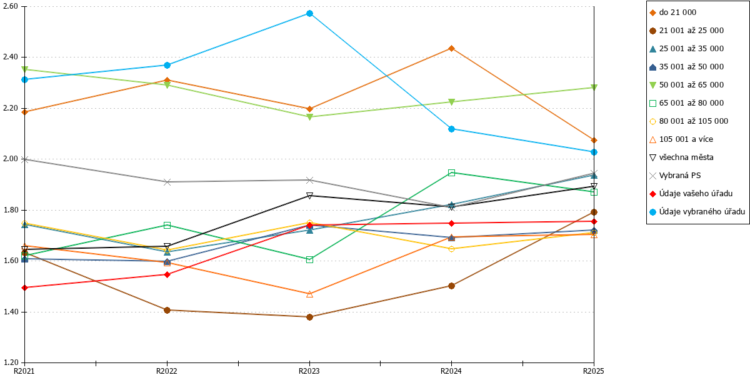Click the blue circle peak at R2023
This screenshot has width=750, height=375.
pos(310,13)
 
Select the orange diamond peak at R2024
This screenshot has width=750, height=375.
pos(451,49)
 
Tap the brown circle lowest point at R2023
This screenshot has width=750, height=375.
pos(310,317)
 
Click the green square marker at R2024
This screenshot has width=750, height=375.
pos(451,172)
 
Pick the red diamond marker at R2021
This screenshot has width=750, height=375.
pos(24,287)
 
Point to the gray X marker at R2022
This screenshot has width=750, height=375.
pos(167,182)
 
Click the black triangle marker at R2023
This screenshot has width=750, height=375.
pos(310,196)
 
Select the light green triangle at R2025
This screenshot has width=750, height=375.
pos(594,87)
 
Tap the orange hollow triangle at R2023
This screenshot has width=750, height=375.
pos(310,294)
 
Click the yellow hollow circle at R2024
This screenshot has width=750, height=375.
pos(451,249)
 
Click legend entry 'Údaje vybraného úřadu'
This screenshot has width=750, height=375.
pos(697,212)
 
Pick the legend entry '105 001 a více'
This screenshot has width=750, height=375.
pos(681,139)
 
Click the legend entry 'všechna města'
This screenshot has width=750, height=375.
pos(681,157)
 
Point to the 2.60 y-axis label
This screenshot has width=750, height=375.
pos(10,6)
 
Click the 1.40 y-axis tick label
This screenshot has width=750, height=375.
pos(10,312)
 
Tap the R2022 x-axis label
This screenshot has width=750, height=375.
pos(167,371)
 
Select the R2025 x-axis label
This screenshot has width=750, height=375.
pos(594,371)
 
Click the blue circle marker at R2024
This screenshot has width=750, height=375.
pos(451,129)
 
